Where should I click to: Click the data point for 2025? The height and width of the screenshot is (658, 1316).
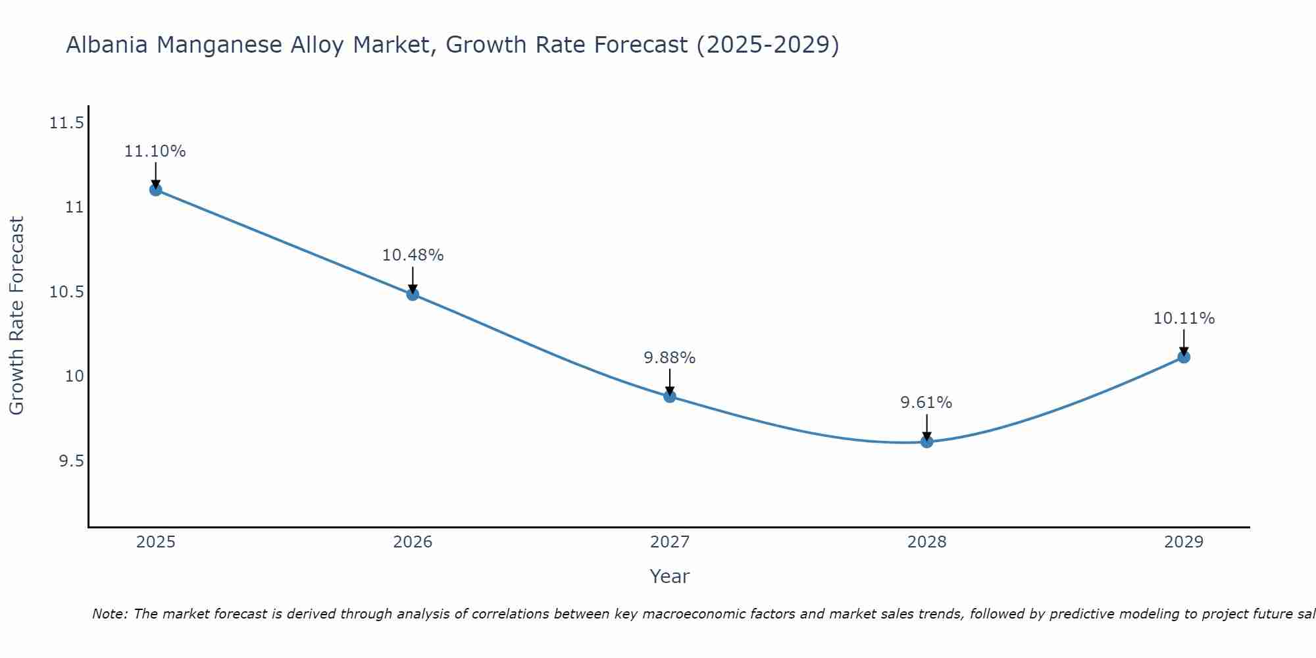[156, 190]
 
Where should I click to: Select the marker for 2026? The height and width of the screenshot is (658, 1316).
[413, 294]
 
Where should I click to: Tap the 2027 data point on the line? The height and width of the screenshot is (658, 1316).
[670, 396]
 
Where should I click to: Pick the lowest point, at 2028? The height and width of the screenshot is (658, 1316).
[926, 442]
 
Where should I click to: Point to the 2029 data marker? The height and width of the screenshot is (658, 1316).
[1184, 357]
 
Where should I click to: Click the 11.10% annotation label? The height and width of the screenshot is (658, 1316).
[155, 151]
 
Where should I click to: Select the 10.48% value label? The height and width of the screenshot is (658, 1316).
[413, 255]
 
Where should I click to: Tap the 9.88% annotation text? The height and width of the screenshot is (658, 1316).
[669, 358]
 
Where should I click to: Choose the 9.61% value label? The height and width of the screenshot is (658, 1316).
[926, 403]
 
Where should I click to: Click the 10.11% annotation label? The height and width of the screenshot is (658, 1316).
[1184, 318]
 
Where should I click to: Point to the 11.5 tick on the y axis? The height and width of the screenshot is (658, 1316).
[66, 123]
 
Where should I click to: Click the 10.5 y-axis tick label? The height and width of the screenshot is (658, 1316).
[66, 292]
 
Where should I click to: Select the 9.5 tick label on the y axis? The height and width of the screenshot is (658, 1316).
[71, 461]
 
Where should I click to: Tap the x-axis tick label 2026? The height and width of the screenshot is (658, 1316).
[413, 542]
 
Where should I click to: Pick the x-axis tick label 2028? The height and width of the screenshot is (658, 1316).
[926, 542]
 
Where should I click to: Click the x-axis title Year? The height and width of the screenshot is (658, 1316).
[669, 576]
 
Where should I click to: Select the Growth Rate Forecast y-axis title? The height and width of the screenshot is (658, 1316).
[17, 315]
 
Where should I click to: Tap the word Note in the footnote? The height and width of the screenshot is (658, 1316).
[109, 614]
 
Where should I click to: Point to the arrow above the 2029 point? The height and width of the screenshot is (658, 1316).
[1184, 341]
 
